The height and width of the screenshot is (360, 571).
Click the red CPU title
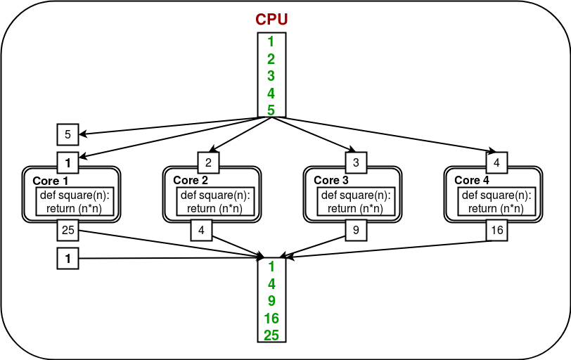click(271, 20)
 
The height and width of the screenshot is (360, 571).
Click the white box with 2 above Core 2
click(208, 163)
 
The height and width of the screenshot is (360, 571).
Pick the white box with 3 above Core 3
click(356, 163)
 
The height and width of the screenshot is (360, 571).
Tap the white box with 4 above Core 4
click(496, 163)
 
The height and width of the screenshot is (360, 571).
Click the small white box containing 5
click(68, 134)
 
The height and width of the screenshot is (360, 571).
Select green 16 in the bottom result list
click(271, 319)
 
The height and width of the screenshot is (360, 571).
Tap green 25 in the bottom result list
click(271, 335)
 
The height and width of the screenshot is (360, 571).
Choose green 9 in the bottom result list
click(271, 302)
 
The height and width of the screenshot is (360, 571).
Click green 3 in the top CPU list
click(271, 76)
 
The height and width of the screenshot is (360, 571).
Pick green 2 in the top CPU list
click(271, 59)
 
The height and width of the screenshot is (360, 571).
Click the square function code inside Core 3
click(356, 202)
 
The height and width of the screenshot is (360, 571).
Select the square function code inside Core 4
click(496, 202)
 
